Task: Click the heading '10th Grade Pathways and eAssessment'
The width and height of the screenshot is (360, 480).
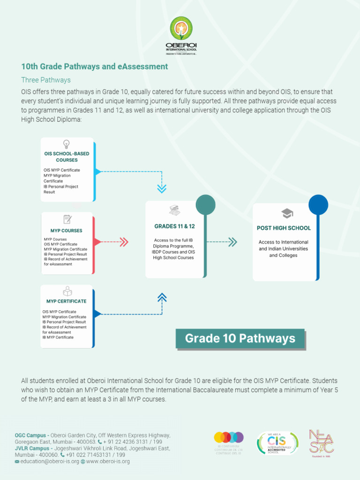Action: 94,67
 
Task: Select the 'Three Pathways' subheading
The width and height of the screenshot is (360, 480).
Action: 46,80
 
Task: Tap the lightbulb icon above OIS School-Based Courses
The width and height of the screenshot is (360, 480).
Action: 67,144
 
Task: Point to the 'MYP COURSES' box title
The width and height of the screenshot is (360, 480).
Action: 67,231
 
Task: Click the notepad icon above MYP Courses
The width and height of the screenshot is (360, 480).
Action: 67,219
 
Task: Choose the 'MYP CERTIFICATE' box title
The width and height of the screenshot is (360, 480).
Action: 67,301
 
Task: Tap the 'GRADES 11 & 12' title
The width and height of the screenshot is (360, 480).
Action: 175,226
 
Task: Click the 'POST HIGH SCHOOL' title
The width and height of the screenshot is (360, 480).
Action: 284,228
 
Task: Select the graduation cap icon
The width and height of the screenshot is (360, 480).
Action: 287,214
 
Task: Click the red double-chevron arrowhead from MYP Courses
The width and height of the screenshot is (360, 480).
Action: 124,242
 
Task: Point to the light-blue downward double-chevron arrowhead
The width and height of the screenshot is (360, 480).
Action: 162,189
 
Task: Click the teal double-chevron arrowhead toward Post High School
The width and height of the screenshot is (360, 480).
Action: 232,242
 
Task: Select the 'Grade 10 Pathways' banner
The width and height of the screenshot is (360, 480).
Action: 240,338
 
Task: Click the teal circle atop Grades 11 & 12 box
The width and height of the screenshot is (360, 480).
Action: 205,205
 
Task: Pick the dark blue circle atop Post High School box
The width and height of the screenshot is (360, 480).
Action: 318,205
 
